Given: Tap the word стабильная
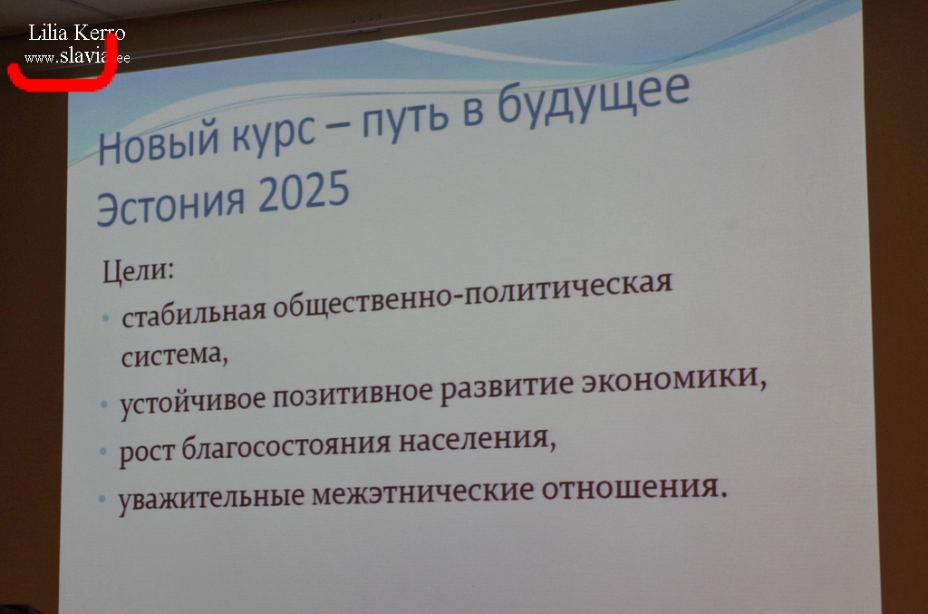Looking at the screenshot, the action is coord(194,313).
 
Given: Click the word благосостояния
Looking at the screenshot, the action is coord(285,446).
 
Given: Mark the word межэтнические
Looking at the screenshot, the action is coord(422,492).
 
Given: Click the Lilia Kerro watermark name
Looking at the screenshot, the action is coord(77,33).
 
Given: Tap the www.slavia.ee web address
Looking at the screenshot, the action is coord(77,57).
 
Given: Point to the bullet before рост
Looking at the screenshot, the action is coord(103,451).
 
